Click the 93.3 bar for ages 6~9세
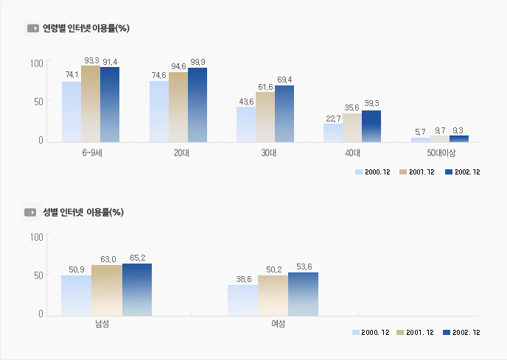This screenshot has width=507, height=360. (91, 103)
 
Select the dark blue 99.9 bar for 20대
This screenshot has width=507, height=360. (197, 104)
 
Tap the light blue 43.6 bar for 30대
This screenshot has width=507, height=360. (246, 124)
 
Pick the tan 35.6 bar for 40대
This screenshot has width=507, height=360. (352, 127)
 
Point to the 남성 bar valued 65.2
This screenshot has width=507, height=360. (136, 289)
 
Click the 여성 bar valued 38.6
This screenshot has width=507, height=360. (242, 300)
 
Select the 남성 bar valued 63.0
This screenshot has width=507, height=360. (107, 290)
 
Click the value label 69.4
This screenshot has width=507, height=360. (284, 80)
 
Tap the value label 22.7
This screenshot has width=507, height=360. (333, 118)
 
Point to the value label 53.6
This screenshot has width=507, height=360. (303, 267)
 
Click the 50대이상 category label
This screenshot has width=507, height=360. (441, 153)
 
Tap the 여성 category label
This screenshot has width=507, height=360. (273, 324)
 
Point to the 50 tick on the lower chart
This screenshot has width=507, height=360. (38, 275)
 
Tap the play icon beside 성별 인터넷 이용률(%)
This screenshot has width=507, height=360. (31, 212)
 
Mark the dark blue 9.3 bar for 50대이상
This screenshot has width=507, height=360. (459, 138)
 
